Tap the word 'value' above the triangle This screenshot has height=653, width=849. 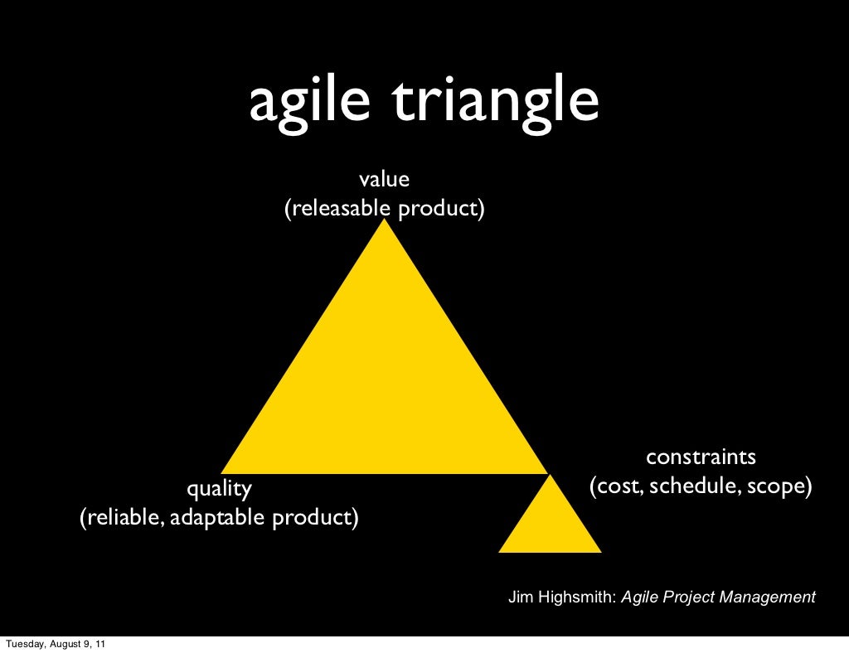click(384, 178)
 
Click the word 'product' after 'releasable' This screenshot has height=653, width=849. click(439, 208)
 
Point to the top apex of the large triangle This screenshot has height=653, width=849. click(384, 222)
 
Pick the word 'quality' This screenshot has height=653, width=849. click(219, 489)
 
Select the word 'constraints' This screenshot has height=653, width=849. click(701, 457)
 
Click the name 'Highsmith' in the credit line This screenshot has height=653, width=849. click(576, 597)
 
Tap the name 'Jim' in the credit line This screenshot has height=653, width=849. click(520, 597)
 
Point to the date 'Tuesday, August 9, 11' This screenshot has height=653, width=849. click(55, 644)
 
